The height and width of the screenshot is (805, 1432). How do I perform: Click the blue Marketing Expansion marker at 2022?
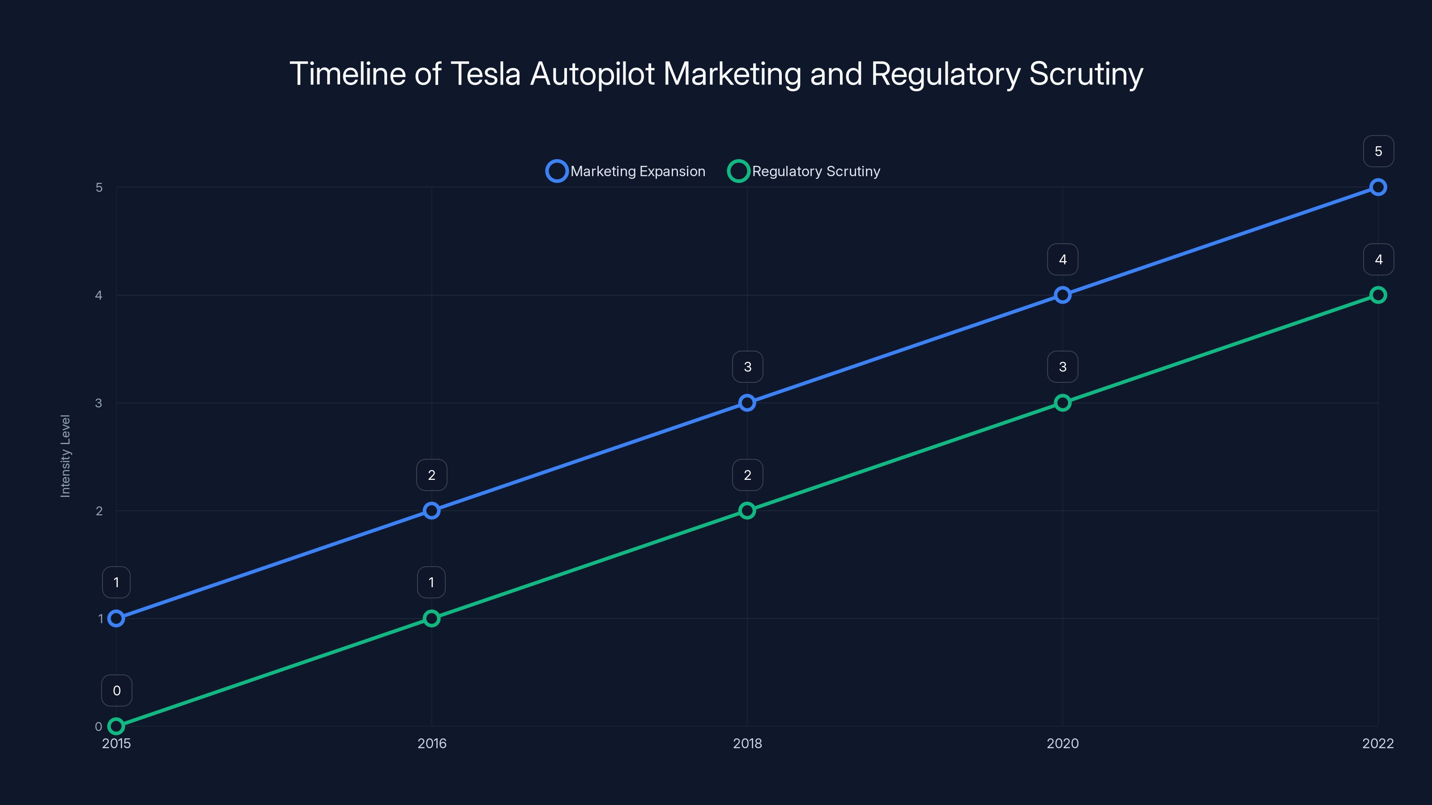click(x=1377, y=187)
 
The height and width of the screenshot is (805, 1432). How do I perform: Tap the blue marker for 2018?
click(x=747, y=403)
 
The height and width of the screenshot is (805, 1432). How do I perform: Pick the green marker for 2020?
click(x=1062, y=403)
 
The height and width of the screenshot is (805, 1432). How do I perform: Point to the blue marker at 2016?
click(x=431, y=511)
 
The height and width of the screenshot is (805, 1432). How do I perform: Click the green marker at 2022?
click(x=1377, y=295)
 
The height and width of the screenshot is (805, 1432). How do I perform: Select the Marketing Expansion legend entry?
click(x=626, y=171)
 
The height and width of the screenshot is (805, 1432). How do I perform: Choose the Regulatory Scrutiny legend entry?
click(x=805, y=171)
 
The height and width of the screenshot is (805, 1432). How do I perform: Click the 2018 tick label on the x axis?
click(x=747, y=743)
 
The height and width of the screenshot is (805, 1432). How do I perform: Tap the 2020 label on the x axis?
click(x=1062, y=743)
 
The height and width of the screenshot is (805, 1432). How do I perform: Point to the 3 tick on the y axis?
click(x=98, y=403)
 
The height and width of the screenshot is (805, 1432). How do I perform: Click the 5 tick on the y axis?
click(x=99, y=188)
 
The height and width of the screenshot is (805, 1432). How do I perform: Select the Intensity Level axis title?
click(x=65, y=456)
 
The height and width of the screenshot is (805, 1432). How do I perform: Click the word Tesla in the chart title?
click(x=485, y=74)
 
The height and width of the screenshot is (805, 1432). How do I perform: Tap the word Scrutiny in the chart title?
click(x=1086, y=74)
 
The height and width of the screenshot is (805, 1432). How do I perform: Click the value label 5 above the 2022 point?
click(x=1378, y=151)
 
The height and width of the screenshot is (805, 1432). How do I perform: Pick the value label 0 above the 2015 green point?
click(x=117, y=691)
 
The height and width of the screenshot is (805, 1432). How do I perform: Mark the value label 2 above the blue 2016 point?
click(x=431, y=475)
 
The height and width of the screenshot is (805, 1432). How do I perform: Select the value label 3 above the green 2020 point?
click(x=1062, y=367)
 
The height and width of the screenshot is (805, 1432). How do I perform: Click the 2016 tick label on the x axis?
click(x=431, y=743)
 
